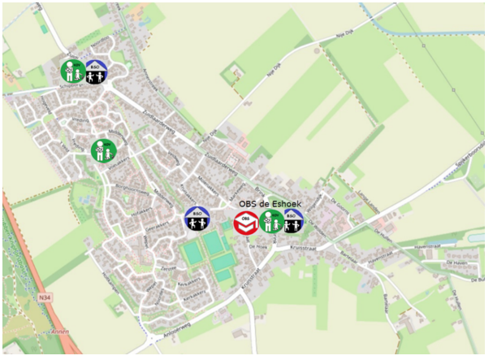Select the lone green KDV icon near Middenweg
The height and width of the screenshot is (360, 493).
coord(104,150)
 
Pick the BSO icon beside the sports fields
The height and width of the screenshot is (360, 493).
coord(197,218)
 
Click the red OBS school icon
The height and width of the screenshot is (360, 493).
coord(245,222)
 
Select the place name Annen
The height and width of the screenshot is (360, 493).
coord(59,332)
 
